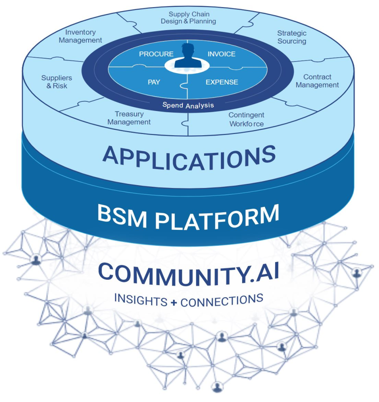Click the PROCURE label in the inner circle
(x=156, y=54)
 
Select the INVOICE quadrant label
(x=222, y=54)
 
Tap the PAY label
(x=154, y=82)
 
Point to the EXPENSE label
(x=222, y=82)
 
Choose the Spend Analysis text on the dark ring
(x=188, y=105)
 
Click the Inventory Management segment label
(x=80, y=36)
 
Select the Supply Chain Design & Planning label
(x=189, y=18)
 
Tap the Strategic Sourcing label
(x=292, y=37)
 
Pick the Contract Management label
(x=317, y=81)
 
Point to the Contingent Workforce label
(x=246, y=119)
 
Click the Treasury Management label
(x=129, y=118)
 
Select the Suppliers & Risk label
(x=56, y=82)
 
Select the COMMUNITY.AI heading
(x=189, y=274)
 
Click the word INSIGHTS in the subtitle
(x=141, y=299)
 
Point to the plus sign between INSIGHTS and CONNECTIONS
(x=174, y=303)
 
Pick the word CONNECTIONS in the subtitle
(x=222, y=301)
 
